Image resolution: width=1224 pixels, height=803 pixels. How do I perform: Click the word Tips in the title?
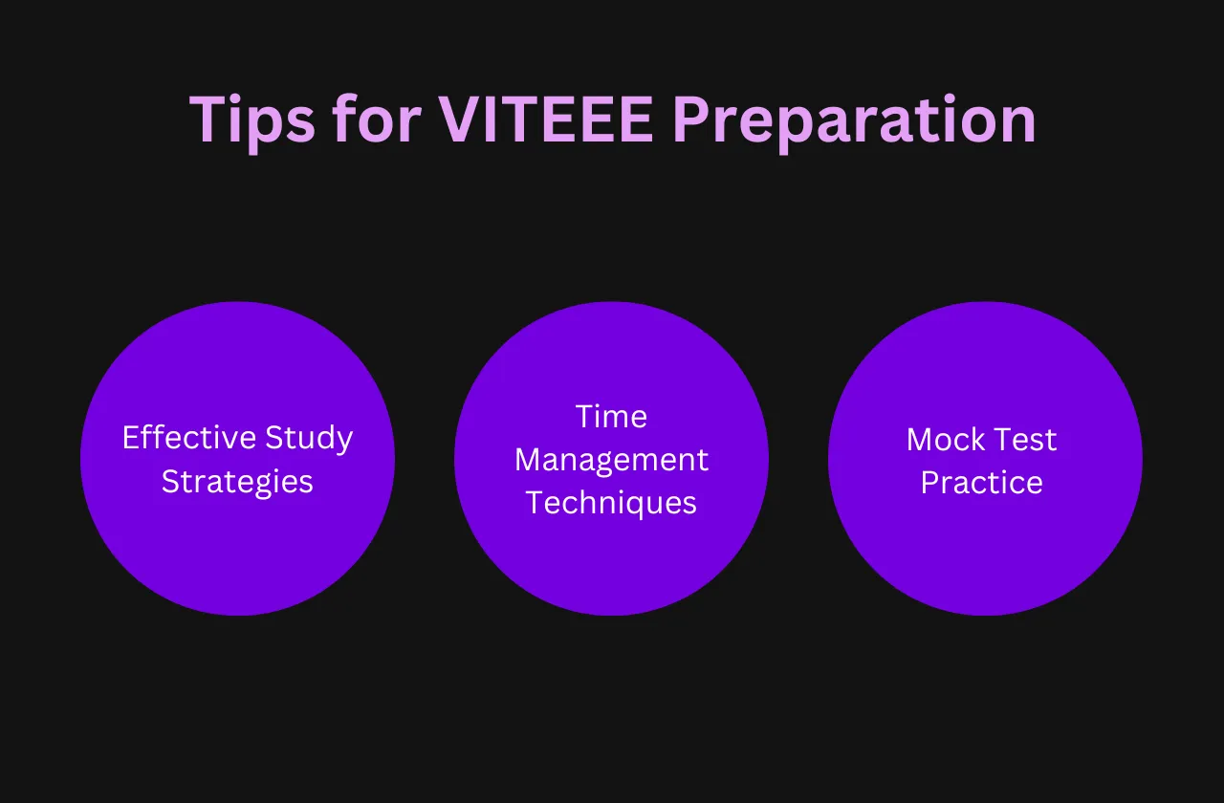tap(251, 120)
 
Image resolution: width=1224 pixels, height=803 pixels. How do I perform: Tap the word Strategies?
tap(237, 482)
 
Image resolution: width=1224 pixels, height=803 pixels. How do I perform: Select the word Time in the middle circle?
tap(611, 417)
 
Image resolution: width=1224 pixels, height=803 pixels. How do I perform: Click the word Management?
tap(611, 461)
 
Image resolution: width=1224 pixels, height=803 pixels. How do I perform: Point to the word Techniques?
tap(611, 503)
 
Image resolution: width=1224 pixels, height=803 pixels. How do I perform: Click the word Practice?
tap(982, 482)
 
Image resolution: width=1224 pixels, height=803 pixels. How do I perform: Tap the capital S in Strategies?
tap(169, 482)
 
